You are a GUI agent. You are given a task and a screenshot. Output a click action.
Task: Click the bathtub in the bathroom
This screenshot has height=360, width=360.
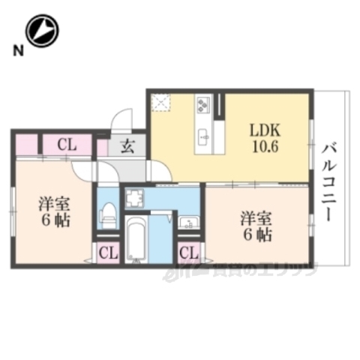(x=136, y=241)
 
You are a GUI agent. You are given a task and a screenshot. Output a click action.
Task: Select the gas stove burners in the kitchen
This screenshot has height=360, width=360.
(x=203, y=105)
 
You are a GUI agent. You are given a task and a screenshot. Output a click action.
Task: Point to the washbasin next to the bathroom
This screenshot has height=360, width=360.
(x=187, y=222)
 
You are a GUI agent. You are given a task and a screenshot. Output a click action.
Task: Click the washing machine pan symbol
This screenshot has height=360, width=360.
(x=136, y=199)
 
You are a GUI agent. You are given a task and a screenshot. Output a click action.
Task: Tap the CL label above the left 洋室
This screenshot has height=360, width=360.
(x=65, y=145)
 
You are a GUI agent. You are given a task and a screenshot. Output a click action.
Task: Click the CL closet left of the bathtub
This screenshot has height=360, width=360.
(x=108, y=253)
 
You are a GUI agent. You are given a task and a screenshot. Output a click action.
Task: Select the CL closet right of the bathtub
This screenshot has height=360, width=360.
(x=189, y=253)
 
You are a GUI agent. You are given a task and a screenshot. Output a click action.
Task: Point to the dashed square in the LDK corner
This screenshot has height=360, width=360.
(x=160, y=103)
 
